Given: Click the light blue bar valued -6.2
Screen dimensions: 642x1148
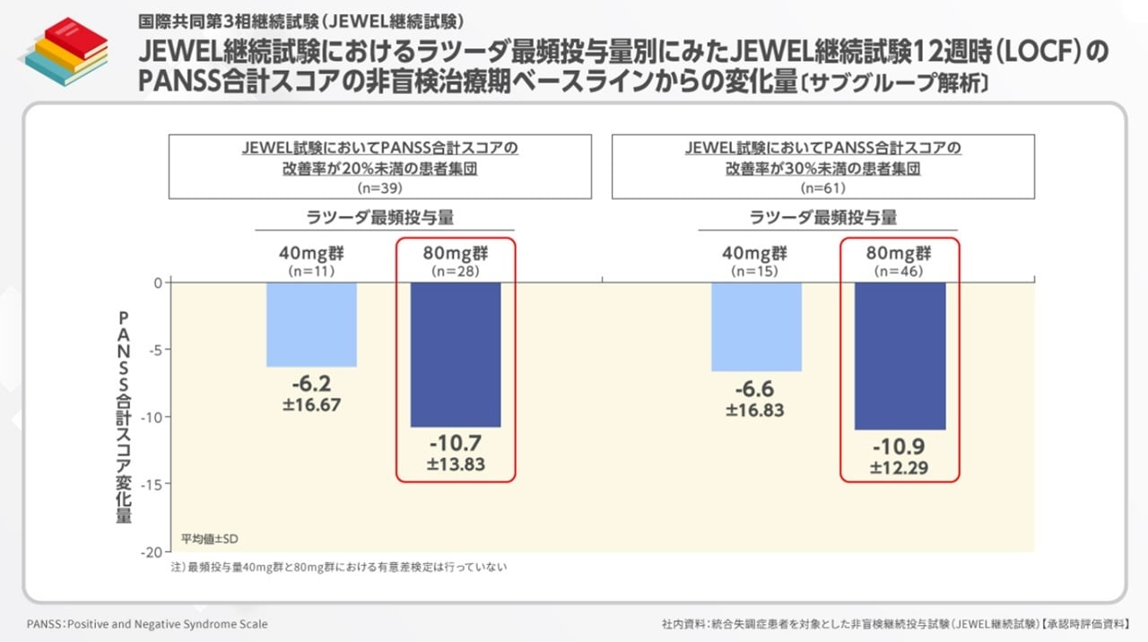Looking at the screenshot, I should (x=311, y=325).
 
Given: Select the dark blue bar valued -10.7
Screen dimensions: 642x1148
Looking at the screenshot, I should (x=455, y=354).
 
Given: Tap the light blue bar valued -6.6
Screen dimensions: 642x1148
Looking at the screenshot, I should (x=756, y=326).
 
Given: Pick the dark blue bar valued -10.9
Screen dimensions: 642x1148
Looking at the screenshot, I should (x=900, y=356).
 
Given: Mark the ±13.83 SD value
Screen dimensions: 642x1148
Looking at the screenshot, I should (x=455, y=464).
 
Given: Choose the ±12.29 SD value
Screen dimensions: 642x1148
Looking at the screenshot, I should (x=900, y=467).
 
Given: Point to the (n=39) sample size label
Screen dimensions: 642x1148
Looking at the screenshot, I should (x=379, y=188).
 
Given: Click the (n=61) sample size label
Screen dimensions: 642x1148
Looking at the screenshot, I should (x=822, y=188).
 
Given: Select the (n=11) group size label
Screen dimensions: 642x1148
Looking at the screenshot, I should (x=311, y=270).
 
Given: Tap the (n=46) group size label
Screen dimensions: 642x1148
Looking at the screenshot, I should (x=900, y=270).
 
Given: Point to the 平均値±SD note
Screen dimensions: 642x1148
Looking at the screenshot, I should (x=209, y=539).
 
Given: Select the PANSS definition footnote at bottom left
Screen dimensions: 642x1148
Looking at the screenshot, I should (x=147, y=624).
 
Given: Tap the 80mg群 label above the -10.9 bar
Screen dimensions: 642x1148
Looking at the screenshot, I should (x=900, y=253).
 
